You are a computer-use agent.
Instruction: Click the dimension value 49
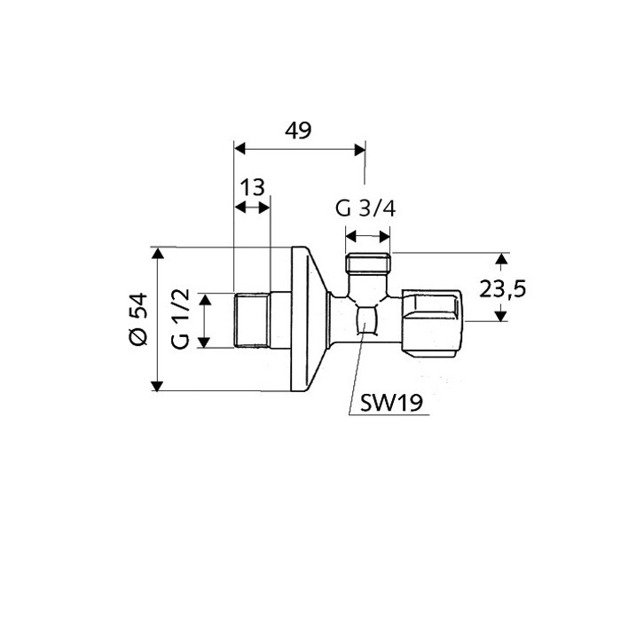pyautogui.click(x=298, y=131)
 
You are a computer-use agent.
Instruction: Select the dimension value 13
pyautogui.click(x=253, y=187)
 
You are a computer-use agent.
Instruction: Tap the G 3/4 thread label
pyautogui.click(x=365, y=209)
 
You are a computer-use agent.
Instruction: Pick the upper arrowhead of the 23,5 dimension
pyautogui.click(x=501, y=259)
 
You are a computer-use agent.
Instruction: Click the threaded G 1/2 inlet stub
pyautogui.click(x=252, y=320)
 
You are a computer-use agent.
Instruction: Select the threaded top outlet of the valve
pyautogui.click(x=368, y=264)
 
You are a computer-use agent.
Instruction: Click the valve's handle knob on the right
pyautogui.click(x=432, y=319)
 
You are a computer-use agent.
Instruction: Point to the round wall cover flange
pyautogui.click(x=307, y=319)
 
